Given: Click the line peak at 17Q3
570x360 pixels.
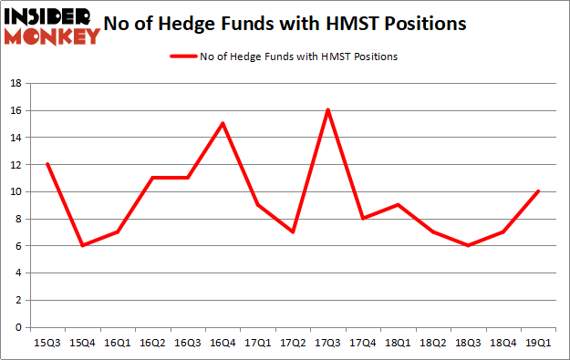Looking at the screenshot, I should [327, 110].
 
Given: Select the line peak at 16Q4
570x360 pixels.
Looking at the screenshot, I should [223, 123].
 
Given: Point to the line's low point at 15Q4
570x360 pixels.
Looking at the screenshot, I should [83, 245].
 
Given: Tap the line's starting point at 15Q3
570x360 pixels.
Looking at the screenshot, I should [47, 164].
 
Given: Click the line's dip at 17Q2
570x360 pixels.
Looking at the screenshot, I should [293, 231].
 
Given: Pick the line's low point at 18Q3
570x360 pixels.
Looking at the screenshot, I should [467, 245].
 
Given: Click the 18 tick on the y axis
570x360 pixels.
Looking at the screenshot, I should [17, 83].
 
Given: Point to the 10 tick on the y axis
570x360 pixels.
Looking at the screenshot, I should [17, 191].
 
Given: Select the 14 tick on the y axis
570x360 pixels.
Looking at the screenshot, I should [17, 138].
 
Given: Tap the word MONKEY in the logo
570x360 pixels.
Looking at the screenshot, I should [53, 36].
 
